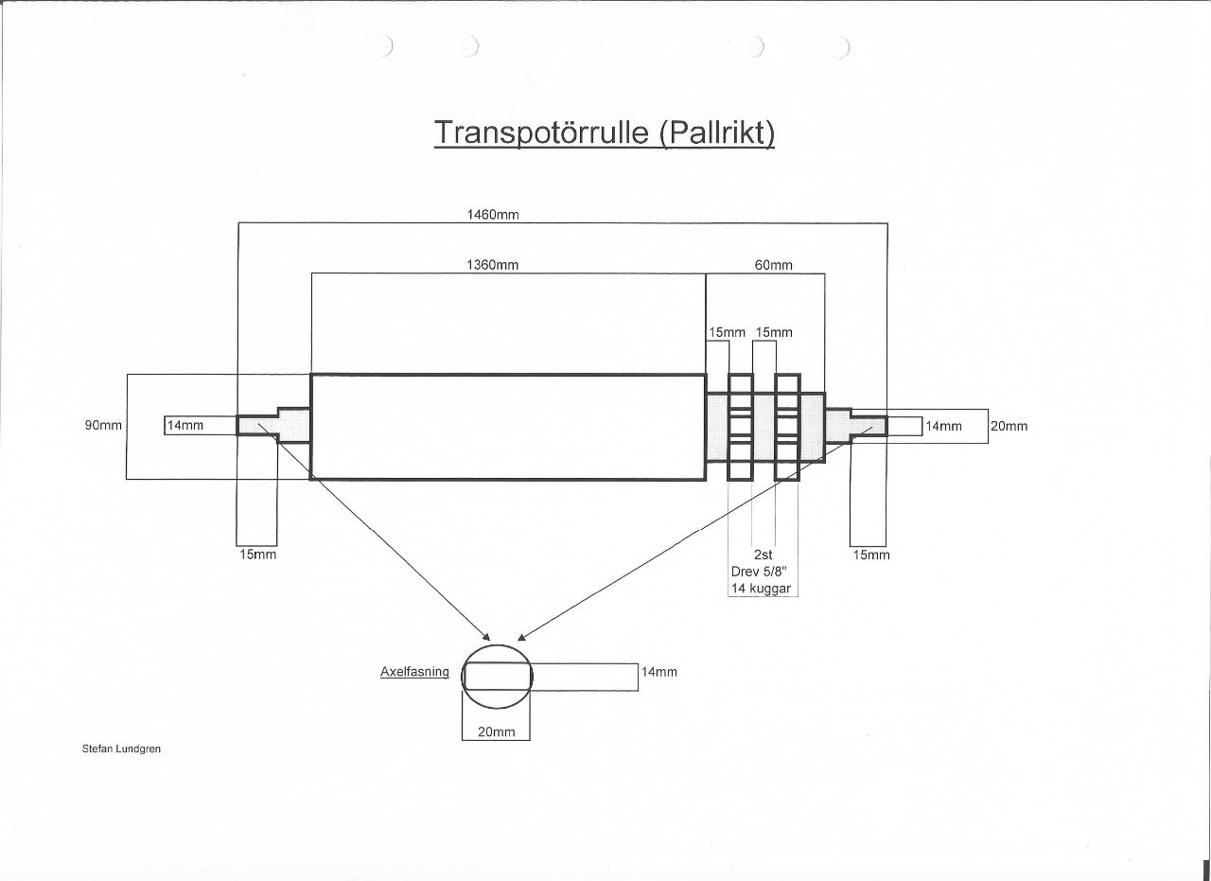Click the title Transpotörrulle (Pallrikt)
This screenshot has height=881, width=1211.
point(605,132)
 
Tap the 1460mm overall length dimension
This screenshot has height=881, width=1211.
point(492,215)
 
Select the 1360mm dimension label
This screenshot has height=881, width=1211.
point(492,265)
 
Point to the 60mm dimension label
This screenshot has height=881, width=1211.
point(773,265)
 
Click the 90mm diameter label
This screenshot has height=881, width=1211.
point(103,426)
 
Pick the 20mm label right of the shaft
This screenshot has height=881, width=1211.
point(1009,426)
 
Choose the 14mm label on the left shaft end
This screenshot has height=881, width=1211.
point(184,426)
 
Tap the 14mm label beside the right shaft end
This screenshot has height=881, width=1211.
point(943,426)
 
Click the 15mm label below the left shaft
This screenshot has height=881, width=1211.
point(257,555)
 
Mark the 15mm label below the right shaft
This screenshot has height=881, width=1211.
point(871,555)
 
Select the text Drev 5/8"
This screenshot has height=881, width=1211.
point(763,572)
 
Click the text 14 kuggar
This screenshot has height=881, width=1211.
point(762,589)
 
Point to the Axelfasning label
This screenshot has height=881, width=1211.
point(414,673)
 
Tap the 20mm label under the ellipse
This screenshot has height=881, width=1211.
point(496,731)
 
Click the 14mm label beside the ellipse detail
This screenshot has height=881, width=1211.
point(658,673)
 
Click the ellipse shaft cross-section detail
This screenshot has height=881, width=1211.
point(498,676)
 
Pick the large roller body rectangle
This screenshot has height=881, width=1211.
point(508,427)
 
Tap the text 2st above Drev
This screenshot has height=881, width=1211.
point(763,555)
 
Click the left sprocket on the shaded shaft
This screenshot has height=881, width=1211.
point(740,427)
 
